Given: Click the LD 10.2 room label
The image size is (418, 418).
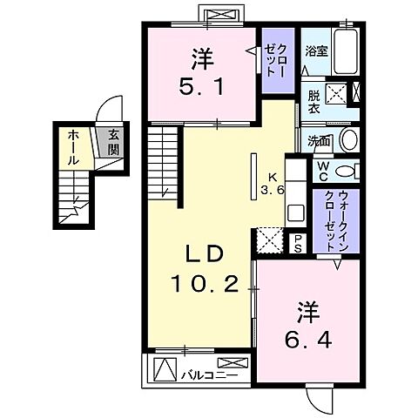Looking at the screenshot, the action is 205,268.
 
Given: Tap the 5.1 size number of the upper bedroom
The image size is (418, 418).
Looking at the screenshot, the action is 201,87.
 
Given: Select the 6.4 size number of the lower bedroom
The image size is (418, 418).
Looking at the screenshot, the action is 308,340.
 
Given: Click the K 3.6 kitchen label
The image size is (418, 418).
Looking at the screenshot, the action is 272,184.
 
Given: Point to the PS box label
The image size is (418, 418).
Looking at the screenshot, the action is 298,244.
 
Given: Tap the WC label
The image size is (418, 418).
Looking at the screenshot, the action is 322,171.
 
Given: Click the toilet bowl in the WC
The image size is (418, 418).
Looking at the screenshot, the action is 345,171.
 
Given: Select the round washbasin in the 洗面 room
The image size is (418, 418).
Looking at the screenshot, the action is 349,140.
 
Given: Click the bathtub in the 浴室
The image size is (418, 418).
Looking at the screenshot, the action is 346,51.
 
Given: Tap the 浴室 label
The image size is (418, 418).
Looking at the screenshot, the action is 316,51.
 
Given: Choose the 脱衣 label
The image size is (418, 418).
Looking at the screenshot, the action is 314,102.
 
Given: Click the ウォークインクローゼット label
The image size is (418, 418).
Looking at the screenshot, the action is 336,221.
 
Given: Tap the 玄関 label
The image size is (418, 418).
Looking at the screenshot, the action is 114,142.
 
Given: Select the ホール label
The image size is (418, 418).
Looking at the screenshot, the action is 73,147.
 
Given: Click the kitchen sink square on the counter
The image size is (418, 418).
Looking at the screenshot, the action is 296,212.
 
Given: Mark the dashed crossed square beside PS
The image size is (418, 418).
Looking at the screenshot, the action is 270,240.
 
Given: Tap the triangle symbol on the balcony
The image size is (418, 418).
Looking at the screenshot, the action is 165,369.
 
